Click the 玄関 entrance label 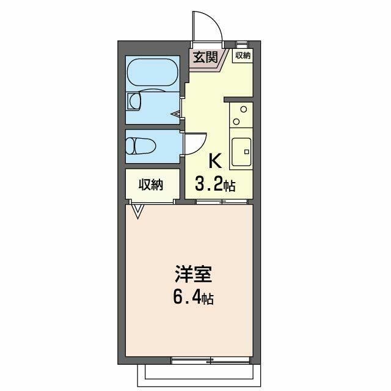click(x=206, y=57)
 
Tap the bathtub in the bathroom click(x=153, y=73)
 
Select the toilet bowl click(x=141, y=146)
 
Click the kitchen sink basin click(x=241, y=152)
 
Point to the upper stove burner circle click(x=244, y=109)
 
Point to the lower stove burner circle click(x=236, y=122)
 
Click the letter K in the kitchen click(x=215, y=161)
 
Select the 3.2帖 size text click(x=215, y=183)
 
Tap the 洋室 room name click(x=194, y=274)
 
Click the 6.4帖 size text click(x=194, y=298)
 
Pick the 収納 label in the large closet click(x=151, y=185)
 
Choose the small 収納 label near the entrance click(x=243, y=56)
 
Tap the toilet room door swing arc click(x=202, y=147)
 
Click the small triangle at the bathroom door click(x=175, y=114)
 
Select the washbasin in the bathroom click(x=134, y=101)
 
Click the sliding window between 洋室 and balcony click(x=211, y=360)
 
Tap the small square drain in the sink click(x=247, y=152)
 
